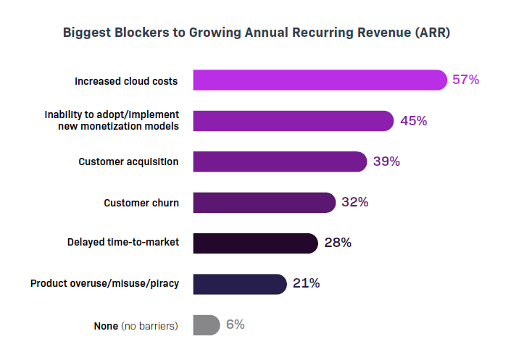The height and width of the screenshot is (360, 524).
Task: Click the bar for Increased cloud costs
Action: pos(320,80)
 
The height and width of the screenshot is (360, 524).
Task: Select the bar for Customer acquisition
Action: pos(280,162)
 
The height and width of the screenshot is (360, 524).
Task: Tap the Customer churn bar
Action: pos(264,202)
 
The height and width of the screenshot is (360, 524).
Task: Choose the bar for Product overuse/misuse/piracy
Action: pos(240,284)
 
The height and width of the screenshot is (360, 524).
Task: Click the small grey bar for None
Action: pos(206,325)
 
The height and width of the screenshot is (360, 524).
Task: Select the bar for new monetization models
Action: pos(293,121)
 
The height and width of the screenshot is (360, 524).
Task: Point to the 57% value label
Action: pos(466,80)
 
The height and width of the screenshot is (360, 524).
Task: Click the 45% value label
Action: pos(413,121)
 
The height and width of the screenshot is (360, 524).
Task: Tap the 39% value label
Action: pos(386,162)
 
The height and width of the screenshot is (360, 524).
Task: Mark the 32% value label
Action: pos(355,202)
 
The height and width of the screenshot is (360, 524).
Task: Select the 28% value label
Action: pos(338,243)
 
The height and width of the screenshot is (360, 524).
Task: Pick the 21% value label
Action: pos(307,283)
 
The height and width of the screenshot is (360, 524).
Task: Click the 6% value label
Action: pos(236,325)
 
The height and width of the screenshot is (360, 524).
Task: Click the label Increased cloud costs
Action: pos(126,81)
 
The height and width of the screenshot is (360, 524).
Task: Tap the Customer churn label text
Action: pos(141,203)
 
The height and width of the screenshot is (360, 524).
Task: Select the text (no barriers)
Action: pos(149,326)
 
